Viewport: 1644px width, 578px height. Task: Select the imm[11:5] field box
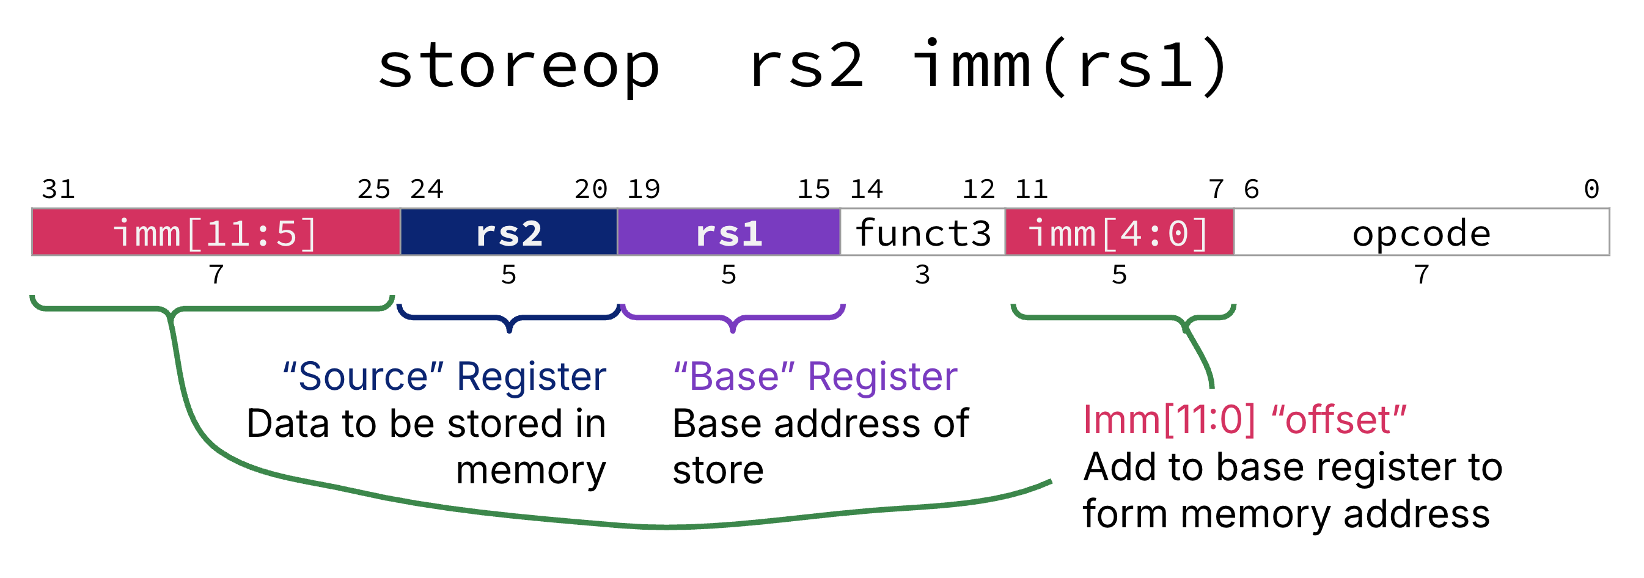point(216,232)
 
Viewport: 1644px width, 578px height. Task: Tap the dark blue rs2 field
point(508,232)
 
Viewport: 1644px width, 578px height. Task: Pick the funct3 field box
point(922,232)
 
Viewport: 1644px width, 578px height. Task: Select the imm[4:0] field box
point(1119,232)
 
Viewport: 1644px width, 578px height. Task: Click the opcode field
point(1421,232)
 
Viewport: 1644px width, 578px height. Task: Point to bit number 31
point(58,189)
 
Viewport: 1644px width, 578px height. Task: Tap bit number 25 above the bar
point(373,189)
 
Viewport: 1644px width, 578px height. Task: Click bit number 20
point(590,189)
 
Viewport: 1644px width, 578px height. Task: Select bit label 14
point(866,189)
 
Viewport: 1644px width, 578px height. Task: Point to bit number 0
point(1591,189)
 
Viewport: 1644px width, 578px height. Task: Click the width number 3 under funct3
point(922,275)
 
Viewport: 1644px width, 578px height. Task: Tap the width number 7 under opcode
point(1422,275)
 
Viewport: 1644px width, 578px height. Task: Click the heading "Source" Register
point(444,376)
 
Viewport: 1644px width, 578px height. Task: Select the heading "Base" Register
point(815,376)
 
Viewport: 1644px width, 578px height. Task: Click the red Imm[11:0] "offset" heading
point(1244,420)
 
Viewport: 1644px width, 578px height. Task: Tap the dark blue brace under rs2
point(508,318)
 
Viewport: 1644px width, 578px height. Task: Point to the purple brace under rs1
point(733,318)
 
